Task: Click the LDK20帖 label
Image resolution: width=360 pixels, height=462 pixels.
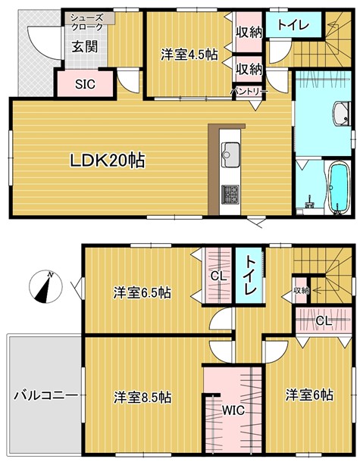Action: coord(108,161)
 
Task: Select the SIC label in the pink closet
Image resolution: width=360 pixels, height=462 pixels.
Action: coord(84,84)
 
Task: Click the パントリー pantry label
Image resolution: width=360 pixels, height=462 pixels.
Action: coord(249,92)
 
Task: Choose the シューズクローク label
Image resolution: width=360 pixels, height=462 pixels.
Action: coord(88,21)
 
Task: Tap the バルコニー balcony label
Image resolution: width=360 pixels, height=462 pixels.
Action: coord(44,396)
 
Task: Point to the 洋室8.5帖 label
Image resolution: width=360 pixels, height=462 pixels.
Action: coord(142,397)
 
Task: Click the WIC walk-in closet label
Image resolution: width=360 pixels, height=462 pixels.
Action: coord(233,412)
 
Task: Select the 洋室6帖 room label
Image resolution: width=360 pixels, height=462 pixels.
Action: coord(309,395)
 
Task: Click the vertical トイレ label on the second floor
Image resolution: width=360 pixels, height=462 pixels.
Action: coord(248,281)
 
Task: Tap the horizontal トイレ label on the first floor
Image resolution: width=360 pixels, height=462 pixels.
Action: coord(292,24)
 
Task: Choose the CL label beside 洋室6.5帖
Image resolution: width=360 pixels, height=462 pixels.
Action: coord(218,276)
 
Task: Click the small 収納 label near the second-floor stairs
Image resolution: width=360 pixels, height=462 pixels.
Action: coord(302,290)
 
